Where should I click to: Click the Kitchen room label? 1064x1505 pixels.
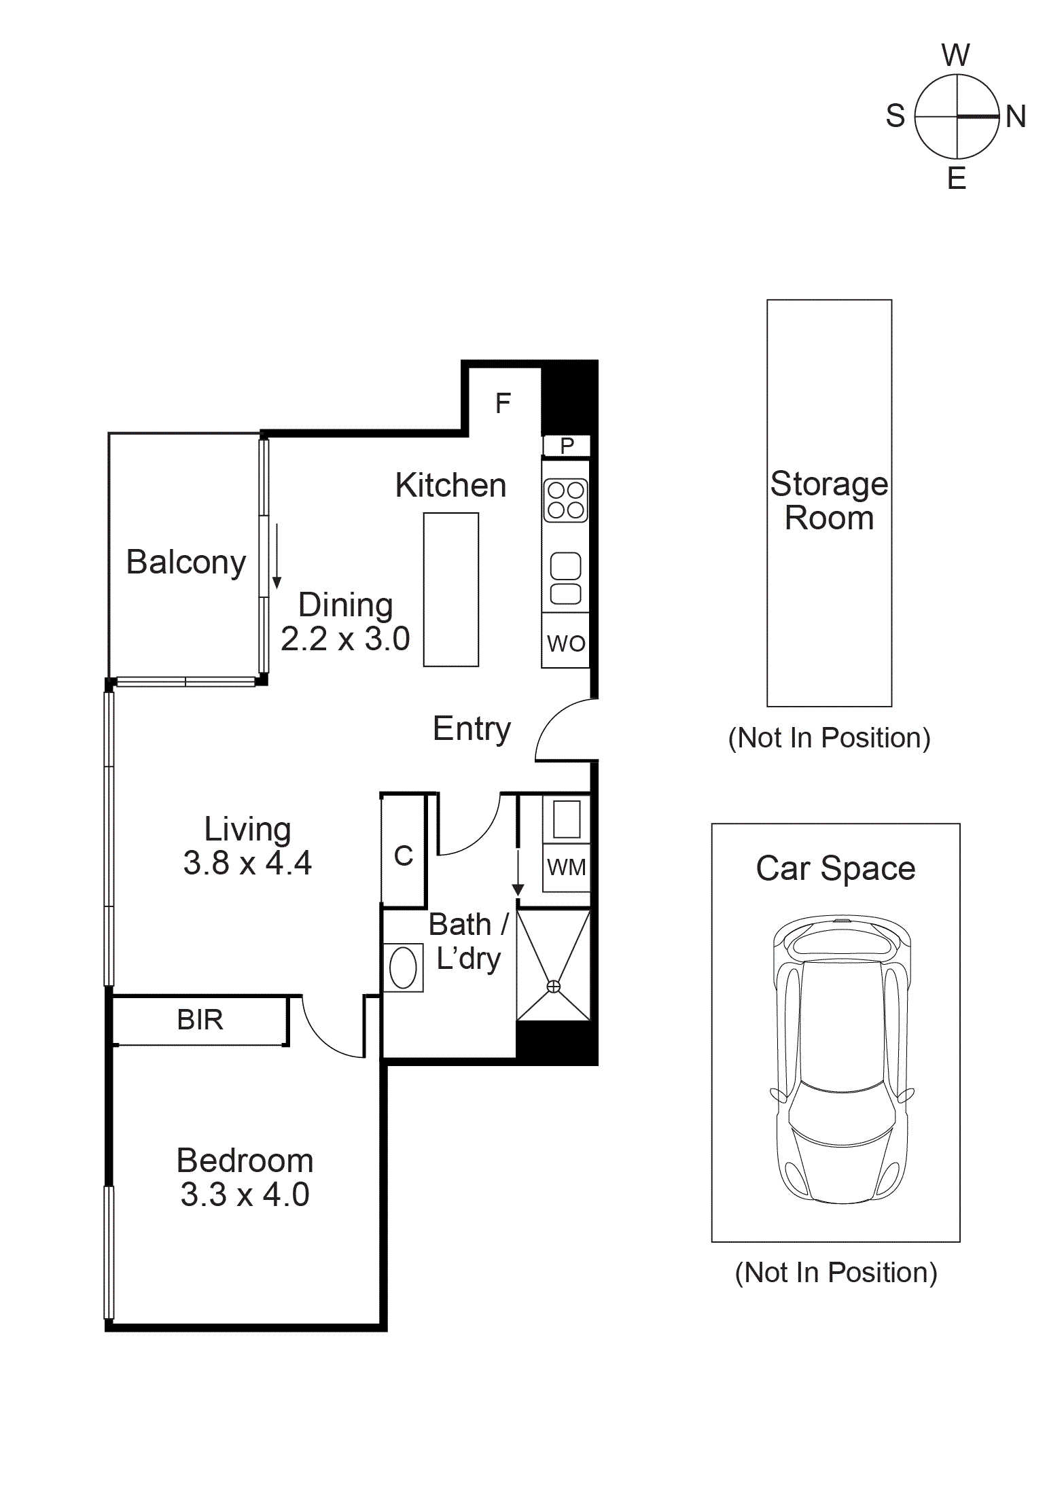(450, 485)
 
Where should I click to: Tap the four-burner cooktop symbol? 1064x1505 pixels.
(565, 500)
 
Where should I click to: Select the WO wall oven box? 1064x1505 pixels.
(565, 642)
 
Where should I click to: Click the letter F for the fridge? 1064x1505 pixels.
(503, 404)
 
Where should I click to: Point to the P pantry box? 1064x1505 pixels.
(567, 446)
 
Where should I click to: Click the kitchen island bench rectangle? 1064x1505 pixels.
(451, 589)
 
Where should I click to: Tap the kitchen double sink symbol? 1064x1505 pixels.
(565, 578)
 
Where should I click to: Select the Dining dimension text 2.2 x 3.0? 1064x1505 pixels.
(345, 639)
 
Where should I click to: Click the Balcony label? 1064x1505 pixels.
(185, 562)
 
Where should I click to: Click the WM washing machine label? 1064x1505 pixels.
(566, 868)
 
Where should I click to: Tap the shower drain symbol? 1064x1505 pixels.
(554, 986)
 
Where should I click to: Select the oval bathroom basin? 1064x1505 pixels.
(403, 968)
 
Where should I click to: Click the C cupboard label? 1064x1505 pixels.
(404, 856)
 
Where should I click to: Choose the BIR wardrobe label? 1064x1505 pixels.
(200, 1020)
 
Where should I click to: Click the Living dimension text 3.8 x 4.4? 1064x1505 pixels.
(247, 863)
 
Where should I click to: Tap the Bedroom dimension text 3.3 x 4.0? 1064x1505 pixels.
(245, 1194)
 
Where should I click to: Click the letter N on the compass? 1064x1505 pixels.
(1016, 117)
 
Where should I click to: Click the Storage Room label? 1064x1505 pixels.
(829, 501)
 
